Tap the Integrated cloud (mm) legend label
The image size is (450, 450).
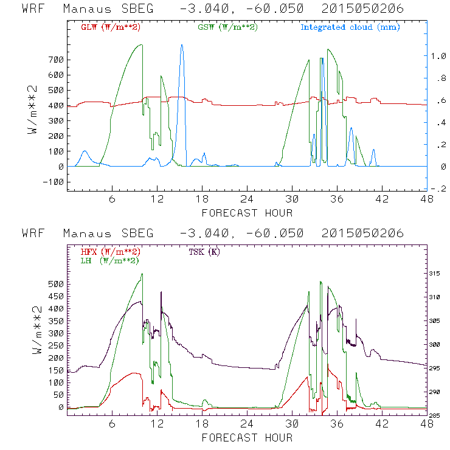350,27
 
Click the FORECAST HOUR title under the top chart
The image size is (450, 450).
247,213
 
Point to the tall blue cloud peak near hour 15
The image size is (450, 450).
181,46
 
